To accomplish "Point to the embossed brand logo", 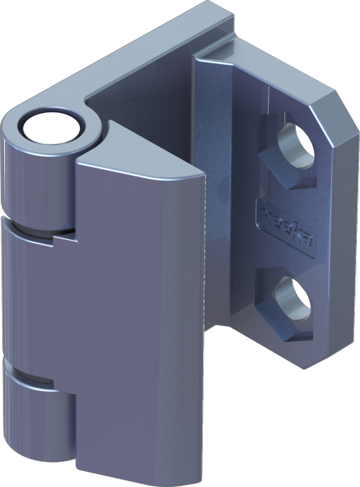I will click(x=287, y=231).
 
